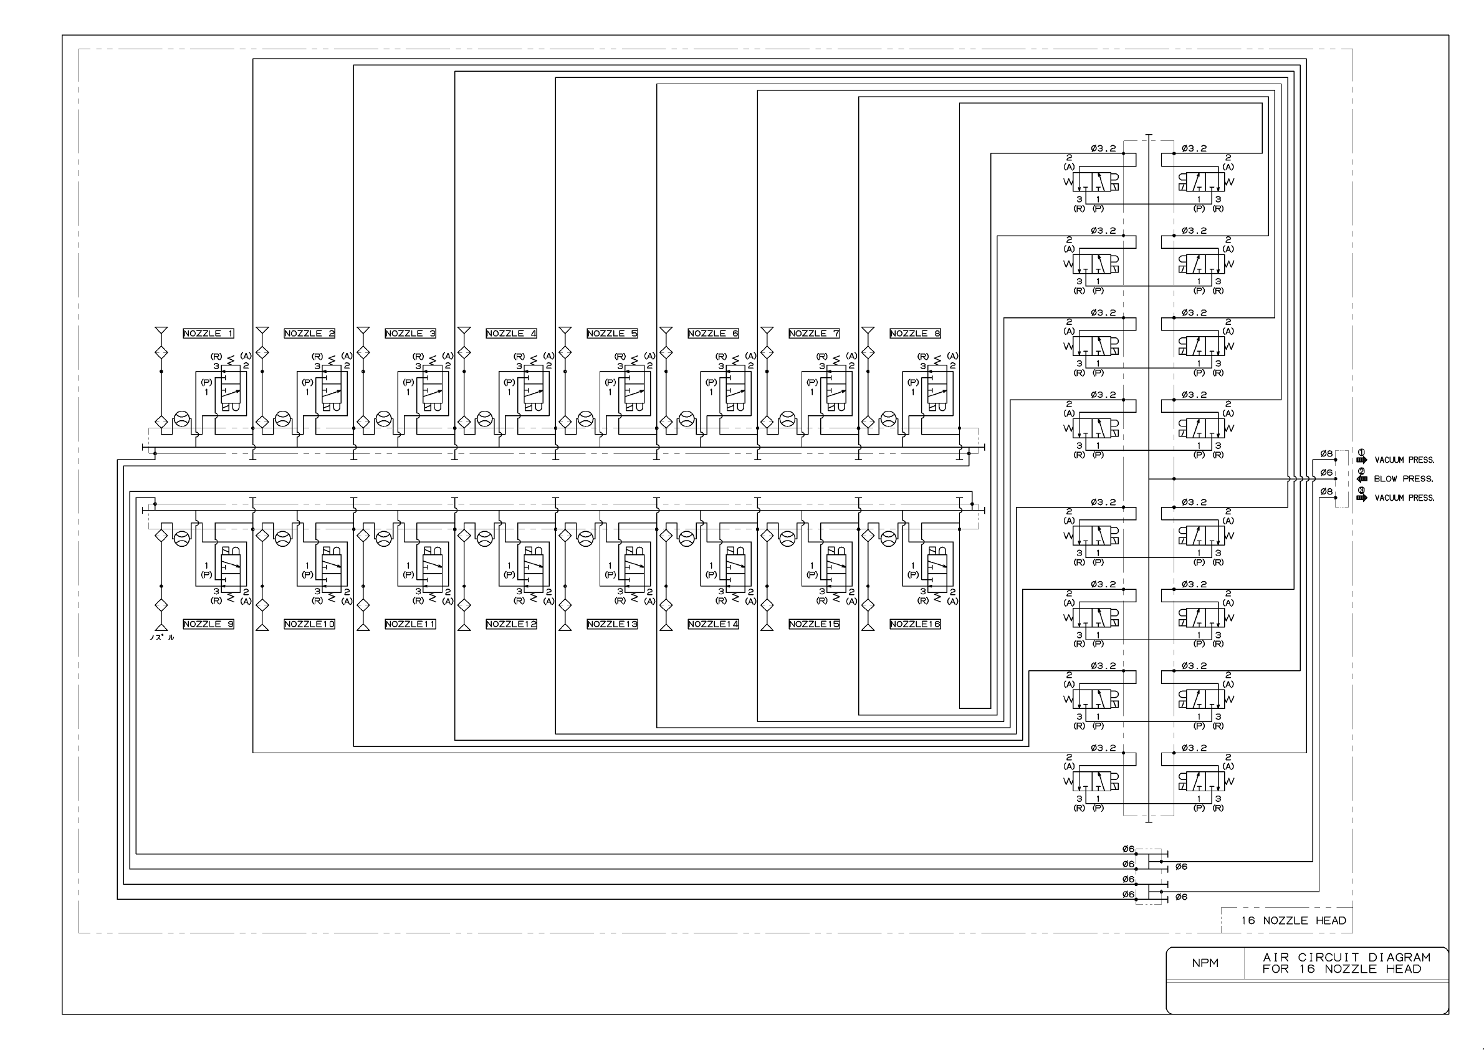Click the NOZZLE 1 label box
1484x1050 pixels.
click(208, 334)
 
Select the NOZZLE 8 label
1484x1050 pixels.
click(914, 334)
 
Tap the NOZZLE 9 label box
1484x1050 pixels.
click(208, 624)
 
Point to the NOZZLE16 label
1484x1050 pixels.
click(914, 624)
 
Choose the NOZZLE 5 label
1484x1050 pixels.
click(612, 334)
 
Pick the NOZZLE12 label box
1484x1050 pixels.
click(511, 624)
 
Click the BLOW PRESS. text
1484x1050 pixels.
click(1403, 479)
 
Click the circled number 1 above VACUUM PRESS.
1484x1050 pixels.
click(1361, 452)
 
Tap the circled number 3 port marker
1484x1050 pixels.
click(1361, 490)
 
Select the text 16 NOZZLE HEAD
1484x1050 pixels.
click(1293, 921)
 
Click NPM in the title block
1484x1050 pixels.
click(1205, 963)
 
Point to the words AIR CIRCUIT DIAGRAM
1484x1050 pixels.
click(1346, 958)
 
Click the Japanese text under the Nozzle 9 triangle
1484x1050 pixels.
click(161, 637)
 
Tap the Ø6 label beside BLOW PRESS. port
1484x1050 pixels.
click(1326, 473)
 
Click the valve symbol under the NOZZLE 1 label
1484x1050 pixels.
click(231, 389)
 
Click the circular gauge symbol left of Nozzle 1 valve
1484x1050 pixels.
click(182, 419)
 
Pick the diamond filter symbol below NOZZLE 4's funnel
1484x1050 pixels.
click(464, 353)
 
